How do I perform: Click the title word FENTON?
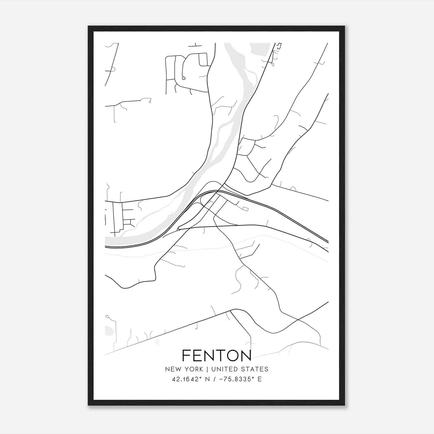pyautogui.click(x=217, y=355)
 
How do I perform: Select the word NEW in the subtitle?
pyautogui.click(x=172, y=369)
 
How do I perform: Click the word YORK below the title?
pyautogui.click(x=193, y=369)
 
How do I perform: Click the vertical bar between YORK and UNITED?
pyautogui.click(x=207, y=369)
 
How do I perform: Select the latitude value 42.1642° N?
pyautogui.click(x=190, y=379)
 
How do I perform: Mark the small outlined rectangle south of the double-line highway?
pyautogui.click(x=245, y=209)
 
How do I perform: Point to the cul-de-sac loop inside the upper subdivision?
pyautogui.click(x=184, y=78)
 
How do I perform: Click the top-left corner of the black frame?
pyautogui.click(x=89, y=27)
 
